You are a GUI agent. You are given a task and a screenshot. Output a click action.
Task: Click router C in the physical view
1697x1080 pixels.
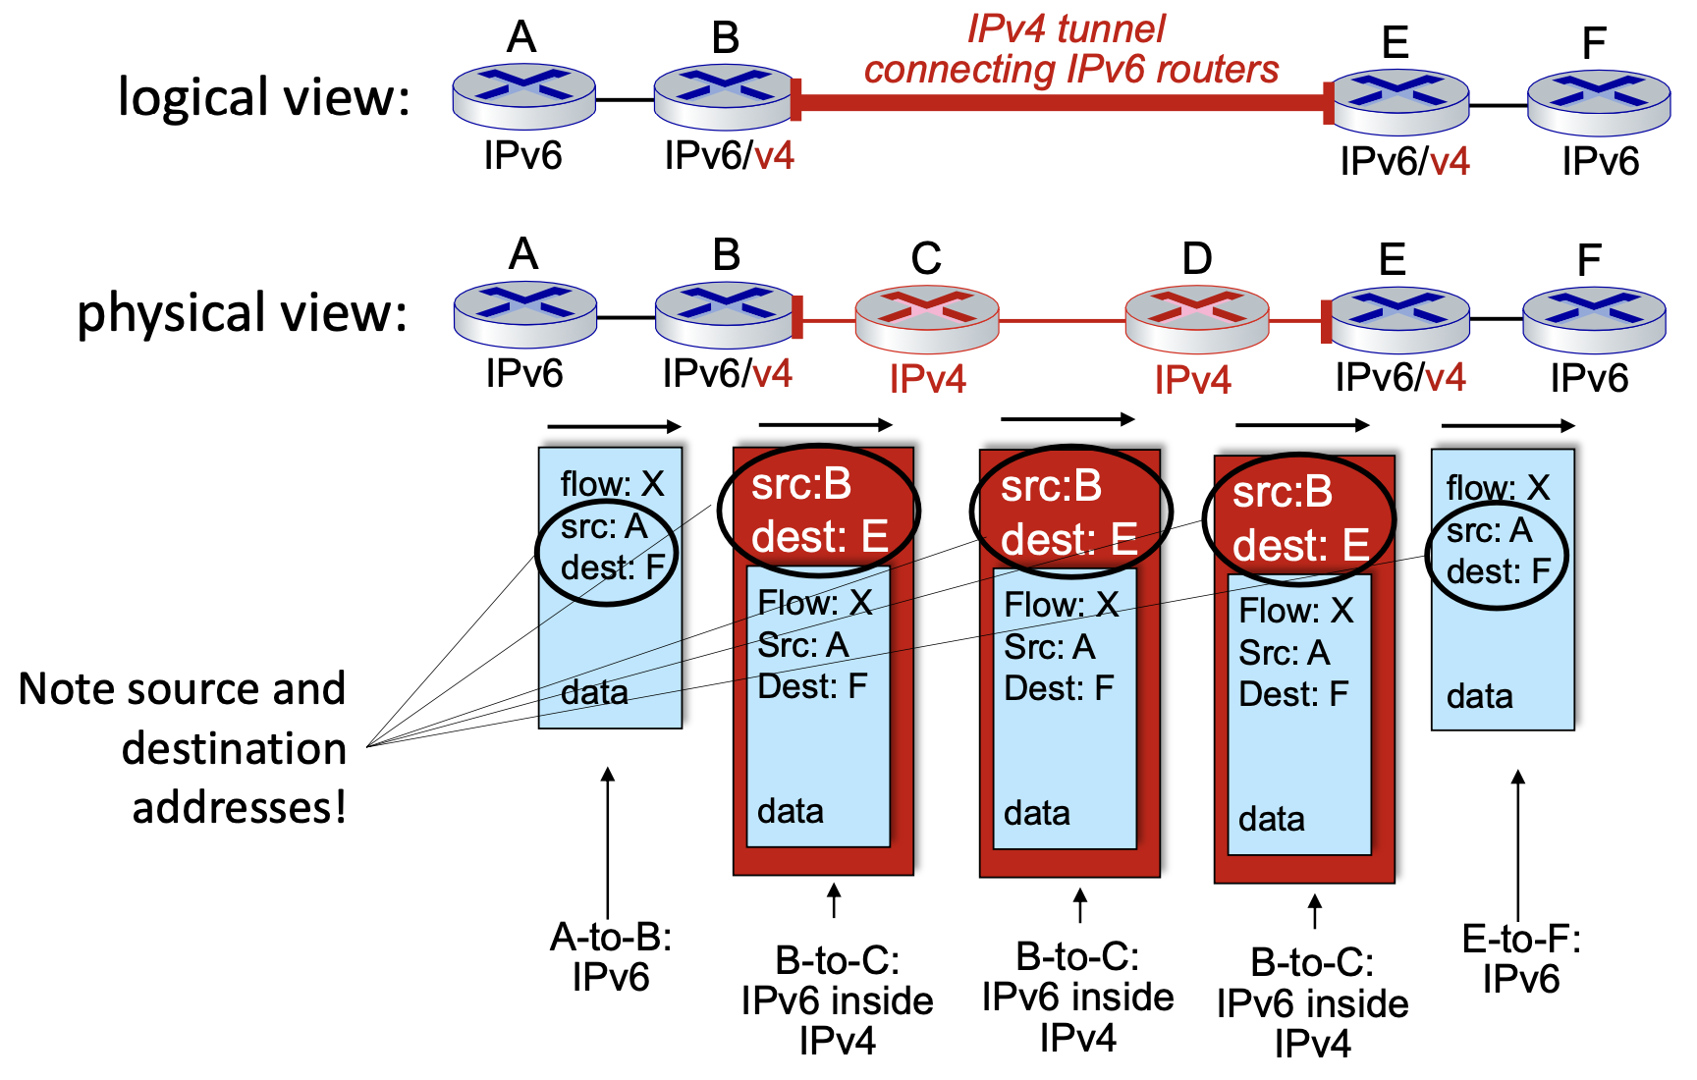click(926, 319)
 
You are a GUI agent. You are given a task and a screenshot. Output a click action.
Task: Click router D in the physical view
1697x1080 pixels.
click(1196, 319)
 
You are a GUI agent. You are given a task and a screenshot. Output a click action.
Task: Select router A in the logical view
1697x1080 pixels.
click(523, 96)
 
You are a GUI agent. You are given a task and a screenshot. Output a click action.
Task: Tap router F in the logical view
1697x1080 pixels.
click(1598, 102)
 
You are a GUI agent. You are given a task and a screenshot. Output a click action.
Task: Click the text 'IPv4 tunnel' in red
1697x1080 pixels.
click(1066, 28)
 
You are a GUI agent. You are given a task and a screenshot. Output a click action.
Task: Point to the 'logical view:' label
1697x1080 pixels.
click(263, 97)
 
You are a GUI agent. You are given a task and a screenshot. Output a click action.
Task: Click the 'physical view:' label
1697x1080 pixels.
click(242, 313)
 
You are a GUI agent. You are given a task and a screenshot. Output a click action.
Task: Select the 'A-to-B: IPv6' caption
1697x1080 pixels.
click(610, 957)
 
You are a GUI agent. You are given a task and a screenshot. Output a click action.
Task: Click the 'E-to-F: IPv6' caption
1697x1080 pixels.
click(1520, 959)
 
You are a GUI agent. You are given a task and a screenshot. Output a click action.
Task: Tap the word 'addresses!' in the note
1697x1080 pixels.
click(239, 808)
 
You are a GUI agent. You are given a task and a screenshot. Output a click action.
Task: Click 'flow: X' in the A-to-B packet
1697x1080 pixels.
click(612, 484)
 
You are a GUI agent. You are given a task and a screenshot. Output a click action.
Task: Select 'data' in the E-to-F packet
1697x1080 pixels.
click(1479, 696)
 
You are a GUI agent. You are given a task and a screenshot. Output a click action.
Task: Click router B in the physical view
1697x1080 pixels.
click(726, 314)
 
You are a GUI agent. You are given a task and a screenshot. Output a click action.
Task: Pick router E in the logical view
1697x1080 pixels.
click(1398, 102)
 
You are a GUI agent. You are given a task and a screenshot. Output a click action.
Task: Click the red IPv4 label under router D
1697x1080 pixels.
click(1192, 380)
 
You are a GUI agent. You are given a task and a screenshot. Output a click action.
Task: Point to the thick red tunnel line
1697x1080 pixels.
click(1061, 102)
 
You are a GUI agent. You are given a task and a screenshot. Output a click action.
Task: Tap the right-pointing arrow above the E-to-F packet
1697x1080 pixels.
click(1507, 426)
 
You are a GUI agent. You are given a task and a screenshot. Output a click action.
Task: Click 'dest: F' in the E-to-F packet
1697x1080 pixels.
click(1498, 571)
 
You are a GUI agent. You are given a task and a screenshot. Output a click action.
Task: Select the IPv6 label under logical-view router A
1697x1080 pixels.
click(522, 156)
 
